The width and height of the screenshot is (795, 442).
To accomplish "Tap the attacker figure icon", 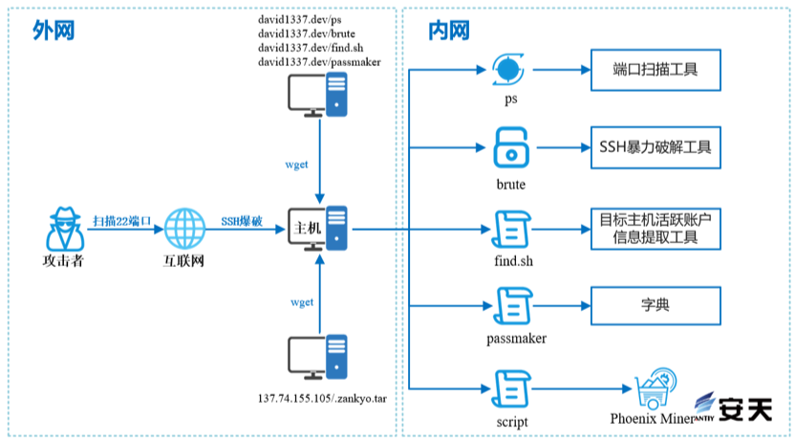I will [64, 227].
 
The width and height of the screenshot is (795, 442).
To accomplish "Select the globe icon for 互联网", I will [185, 228].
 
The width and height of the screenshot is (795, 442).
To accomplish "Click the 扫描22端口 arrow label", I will [122, 221].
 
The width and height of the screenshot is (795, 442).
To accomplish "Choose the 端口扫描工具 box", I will [654, 71].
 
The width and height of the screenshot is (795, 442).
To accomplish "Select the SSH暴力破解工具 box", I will [654, 149].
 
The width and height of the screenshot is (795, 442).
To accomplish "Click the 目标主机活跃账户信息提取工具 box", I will [654, 229].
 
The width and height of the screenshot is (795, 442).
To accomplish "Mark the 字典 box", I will [654, 307].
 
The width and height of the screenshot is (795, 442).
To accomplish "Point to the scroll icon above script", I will [511, 387].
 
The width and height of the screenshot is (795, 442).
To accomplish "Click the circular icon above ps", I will [509, 69].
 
